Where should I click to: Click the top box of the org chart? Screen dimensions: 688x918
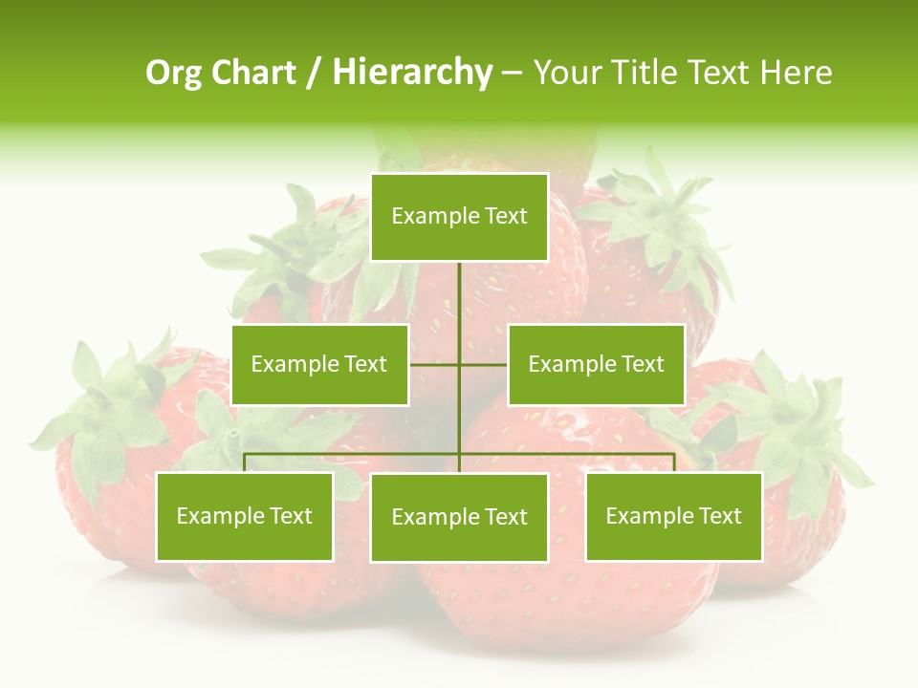[459, 217]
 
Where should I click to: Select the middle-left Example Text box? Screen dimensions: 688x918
[319, 364]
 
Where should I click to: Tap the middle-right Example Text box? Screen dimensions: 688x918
[596, 364]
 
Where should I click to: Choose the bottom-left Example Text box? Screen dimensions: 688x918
[245, 517]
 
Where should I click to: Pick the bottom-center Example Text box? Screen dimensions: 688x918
[459, 518]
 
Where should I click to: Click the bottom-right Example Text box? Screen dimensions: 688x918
[673, 517]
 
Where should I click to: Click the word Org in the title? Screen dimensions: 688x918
[171, 73]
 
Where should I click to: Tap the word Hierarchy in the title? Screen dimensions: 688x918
[412, 73]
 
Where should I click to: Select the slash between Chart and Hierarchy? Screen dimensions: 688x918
[314, 73]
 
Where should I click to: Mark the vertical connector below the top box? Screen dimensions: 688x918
[459, 296]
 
